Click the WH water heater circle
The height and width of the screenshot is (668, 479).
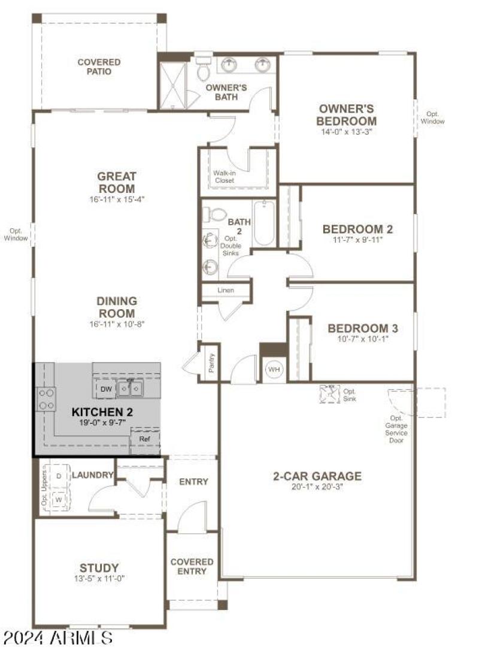[x=274, y=369]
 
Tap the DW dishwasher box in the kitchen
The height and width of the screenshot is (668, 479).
[x=106, y=389]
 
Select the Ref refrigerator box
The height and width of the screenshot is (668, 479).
[x=145, y=439]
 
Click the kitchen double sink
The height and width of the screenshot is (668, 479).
[x=129, y=389]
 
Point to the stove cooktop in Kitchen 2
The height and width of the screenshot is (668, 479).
[x=46, y=399]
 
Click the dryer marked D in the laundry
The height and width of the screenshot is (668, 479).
[x=59, y=476]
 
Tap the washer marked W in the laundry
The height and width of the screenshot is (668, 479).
[x=59, y=498]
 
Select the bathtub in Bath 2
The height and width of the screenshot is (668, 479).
[x=263, y=224]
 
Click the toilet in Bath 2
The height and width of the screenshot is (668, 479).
[x=214, y=214]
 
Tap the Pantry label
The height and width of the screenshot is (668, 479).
[x=211, y=363]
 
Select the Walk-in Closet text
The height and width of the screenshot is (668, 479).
[x=225, y=176]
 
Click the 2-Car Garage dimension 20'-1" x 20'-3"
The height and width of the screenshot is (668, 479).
[x=317, y=486]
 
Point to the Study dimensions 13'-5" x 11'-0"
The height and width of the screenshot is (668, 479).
[x=99, y=578]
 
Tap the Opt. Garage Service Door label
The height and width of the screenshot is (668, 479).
[x=396, y=429]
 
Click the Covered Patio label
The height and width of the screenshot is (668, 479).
[x=99, y=67]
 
